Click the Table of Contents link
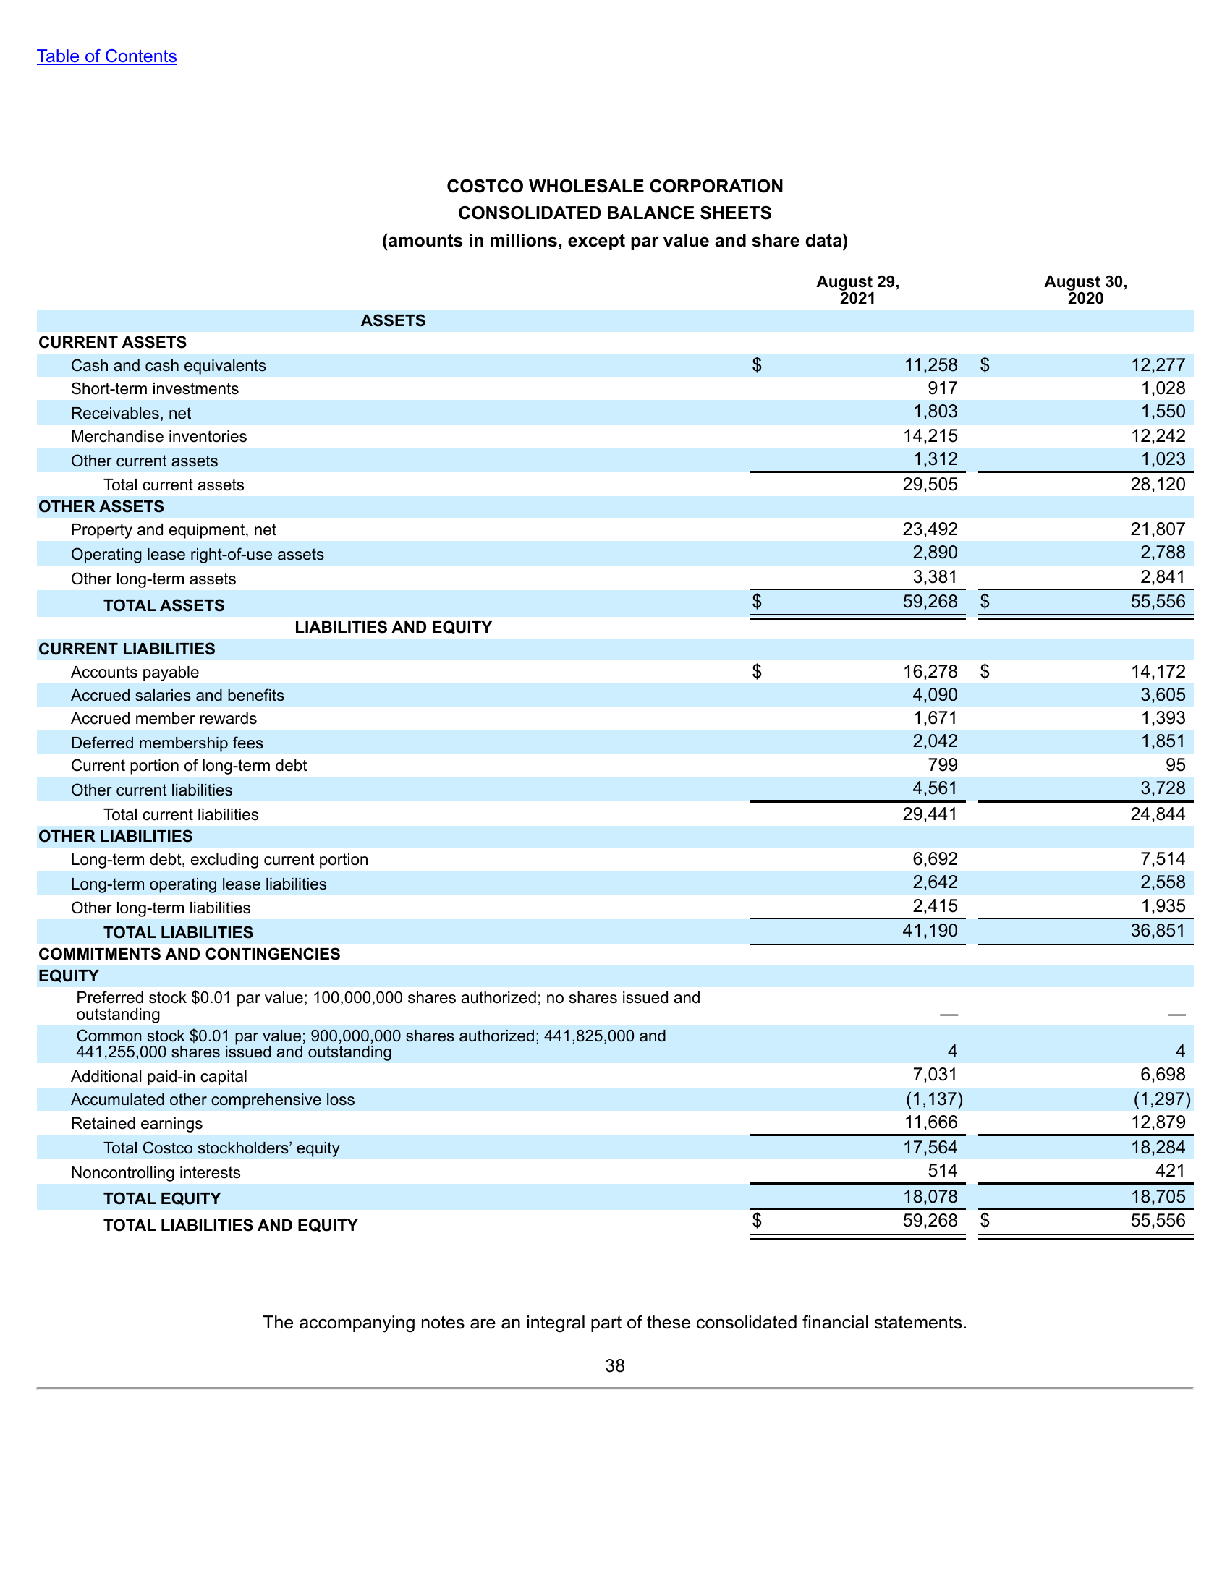pos(106,56)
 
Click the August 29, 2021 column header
pos(857,290)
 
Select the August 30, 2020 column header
pos(1085,290)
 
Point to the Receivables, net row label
pos(130,413)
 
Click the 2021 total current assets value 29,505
pos(930,485)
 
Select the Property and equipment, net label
pos(174,529)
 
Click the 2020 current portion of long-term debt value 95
pos(1175,765)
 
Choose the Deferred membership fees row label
pos(167,742)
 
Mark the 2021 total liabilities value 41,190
pos(930,930)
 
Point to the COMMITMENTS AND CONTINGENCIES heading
pos(190,954)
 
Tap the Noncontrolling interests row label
pos(156,1172)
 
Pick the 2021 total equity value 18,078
pos(930,1197)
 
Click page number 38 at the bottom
pos(614,1366)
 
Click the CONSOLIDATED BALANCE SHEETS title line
pos(614,213)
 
